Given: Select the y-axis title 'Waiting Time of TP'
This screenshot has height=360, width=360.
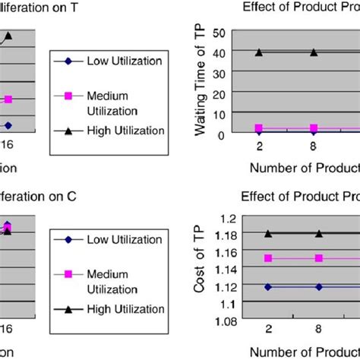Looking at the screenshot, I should click(x=201, y=84).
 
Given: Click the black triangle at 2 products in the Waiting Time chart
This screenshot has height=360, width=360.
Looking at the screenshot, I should click(x=259, y=52).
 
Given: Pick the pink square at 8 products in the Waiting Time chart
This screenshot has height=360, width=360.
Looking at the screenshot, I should click(x=314, y=128).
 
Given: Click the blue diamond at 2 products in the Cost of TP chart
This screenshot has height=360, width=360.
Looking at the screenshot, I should click(x=268, y=286).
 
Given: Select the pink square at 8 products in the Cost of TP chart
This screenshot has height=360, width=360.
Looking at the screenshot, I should click(x=319, y=258).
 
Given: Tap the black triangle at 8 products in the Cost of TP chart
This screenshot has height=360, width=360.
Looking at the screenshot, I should click(x=319, y=234).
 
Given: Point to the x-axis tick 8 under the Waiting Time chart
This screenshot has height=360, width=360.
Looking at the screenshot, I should click(x=314, y=145).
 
